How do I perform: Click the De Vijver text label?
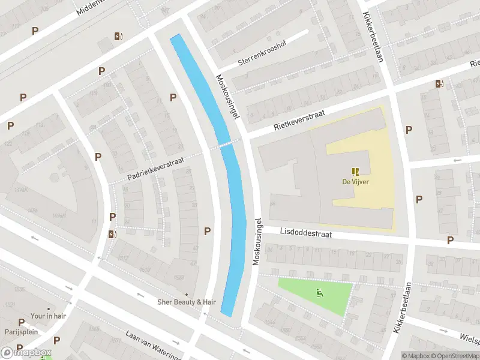[355, 182]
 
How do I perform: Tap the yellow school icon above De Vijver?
[355, 171]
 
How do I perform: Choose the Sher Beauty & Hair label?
[186, 302]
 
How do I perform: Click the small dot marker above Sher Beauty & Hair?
[186, 294]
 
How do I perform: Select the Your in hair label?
[47, 316]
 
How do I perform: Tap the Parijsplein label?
[17, 331]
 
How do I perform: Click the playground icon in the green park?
[320, 293]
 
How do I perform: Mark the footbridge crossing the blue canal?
[227, 143]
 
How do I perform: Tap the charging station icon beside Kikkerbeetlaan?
[440, 84]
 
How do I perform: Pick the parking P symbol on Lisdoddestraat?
[450, 240]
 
